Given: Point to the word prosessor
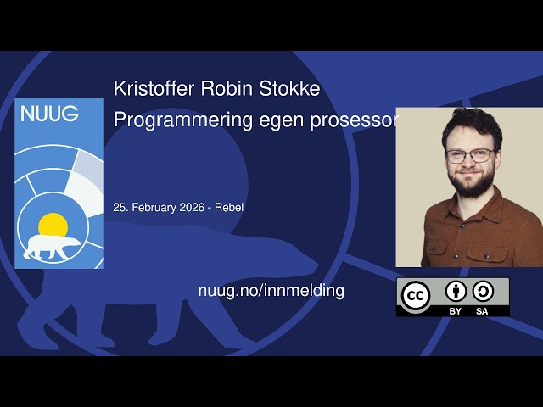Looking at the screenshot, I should coord(357,120).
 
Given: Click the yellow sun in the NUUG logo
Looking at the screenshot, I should coord(53,225).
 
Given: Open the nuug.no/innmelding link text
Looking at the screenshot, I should coord(271,290).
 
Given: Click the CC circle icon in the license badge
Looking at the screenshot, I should coord(415,296).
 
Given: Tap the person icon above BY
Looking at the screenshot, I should coord(456,291).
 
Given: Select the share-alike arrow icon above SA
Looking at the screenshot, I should coord(483,291).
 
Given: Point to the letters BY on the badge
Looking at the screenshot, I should coord(456,311).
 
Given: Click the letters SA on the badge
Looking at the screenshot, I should coord(483,311).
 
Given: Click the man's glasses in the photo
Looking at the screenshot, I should coord(470,156).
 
